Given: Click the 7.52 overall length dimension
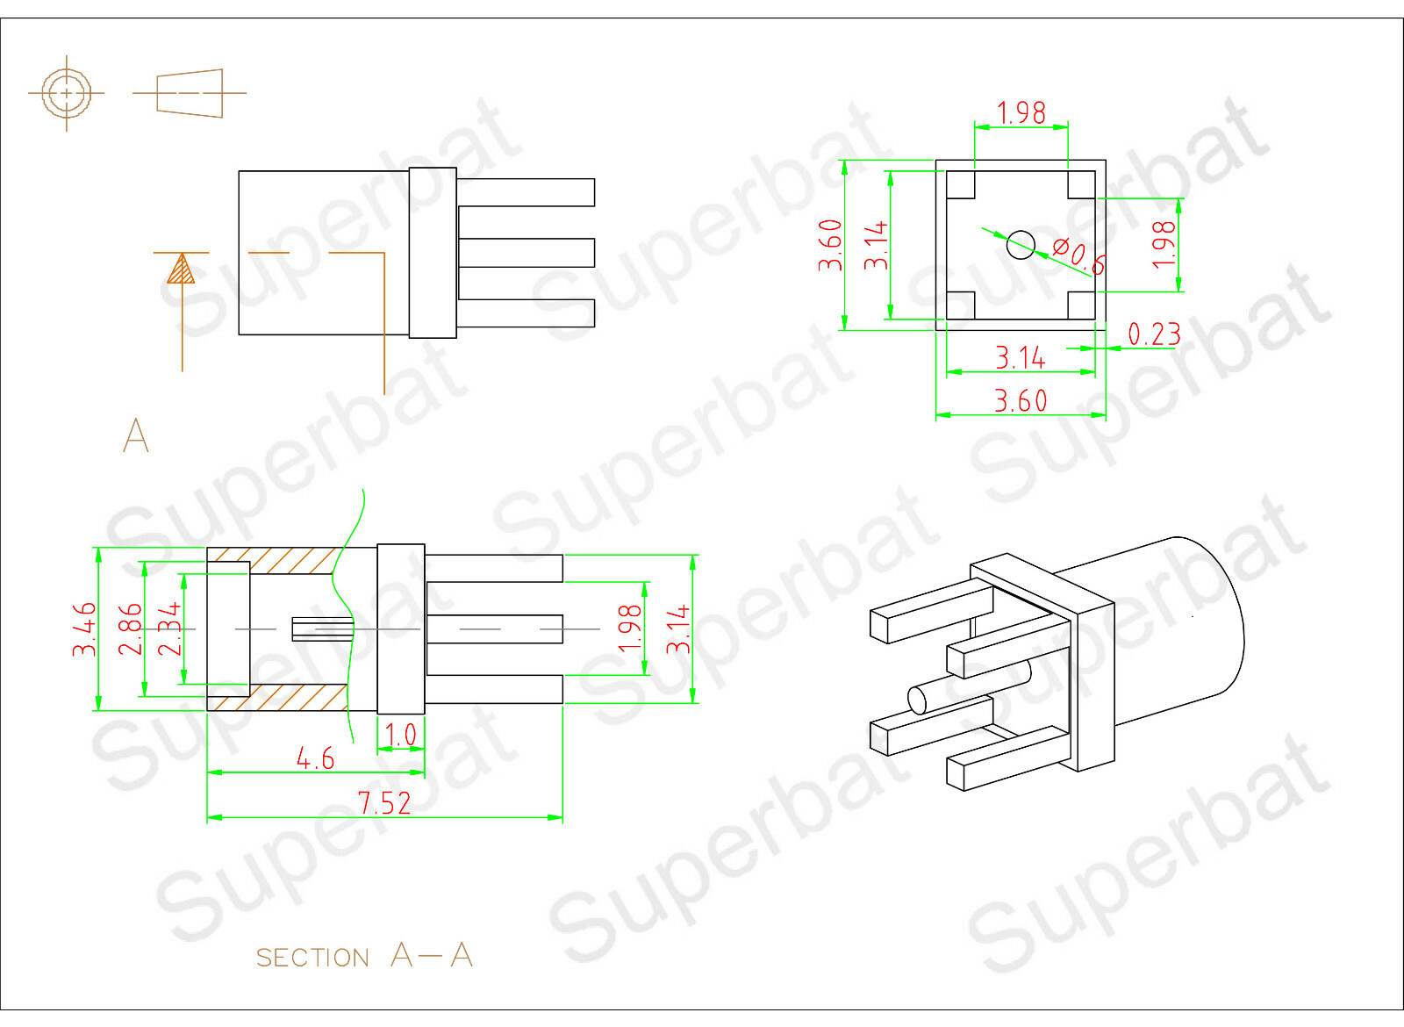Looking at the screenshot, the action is [384, 803].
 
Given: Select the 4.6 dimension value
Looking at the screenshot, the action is [315, 759].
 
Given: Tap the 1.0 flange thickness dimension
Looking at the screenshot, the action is [400, 734].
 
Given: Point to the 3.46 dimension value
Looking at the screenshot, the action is [84, 628].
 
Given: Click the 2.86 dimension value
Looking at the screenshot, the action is [131, 628].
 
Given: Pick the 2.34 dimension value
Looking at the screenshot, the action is [169, 628].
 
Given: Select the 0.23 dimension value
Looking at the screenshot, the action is [1155, 334].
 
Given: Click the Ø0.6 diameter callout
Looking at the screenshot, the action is [1079, 255].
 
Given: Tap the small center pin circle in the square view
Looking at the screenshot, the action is [1021, 245].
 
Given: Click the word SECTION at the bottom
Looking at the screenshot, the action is [312, 958].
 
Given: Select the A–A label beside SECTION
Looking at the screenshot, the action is [431, 955].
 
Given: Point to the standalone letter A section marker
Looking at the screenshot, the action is [136, 435].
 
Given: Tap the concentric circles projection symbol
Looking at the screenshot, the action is [67, 93].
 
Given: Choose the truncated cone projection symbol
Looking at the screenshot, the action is [190, 93].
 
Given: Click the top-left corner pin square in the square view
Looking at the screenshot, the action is [960, 185].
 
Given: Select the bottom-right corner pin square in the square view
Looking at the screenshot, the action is [1081, 305].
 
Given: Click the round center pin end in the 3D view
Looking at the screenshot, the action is [917, 700].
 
